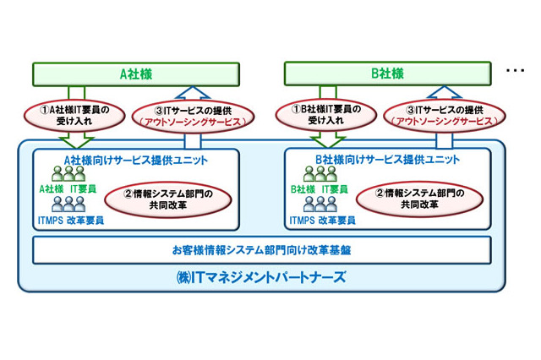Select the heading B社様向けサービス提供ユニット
coord(388,159)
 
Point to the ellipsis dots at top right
coord(515,72)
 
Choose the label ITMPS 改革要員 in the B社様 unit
coord(322,221)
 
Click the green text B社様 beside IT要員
coord(303,189)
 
